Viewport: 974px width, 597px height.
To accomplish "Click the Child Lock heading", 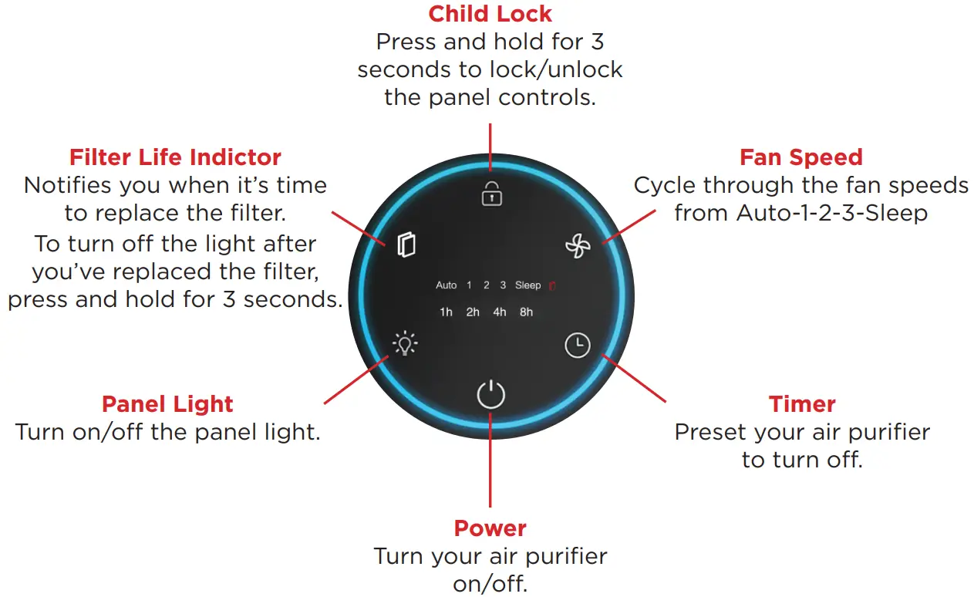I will coord(490,14).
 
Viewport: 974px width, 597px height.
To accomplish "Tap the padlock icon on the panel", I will coord(491,194).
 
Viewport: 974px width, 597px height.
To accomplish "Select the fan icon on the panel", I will coord(578,247).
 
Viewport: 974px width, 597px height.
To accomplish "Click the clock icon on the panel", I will coord(577,346).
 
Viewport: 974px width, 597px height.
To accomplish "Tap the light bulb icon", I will coord(405,343).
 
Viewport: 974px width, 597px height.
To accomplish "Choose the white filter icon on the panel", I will coord(406,245).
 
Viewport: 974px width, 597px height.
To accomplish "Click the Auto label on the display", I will coord(447,285).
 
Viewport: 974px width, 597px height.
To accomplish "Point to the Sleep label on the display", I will coord(528,285).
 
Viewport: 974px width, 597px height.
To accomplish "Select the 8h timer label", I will coord(526,312).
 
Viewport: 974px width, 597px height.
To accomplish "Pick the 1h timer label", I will coord(446,312).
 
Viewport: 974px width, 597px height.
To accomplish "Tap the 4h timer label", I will coord(500,312).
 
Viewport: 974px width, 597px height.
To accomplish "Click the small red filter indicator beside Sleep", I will coord(552,286).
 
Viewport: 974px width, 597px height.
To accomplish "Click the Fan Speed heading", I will coord(801,157).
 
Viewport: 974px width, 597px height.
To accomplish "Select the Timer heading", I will coord(802,404).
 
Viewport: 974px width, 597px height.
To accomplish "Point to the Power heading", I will coord(490,528).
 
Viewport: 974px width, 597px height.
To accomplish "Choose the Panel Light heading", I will coord(167,404).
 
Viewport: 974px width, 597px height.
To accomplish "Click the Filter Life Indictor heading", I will coord(175,157).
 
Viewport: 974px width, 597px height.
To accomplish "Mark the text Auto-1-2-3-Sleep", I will coord(832,213).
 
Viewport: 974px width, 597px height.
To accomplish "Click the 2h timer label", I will coord(473,312).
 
